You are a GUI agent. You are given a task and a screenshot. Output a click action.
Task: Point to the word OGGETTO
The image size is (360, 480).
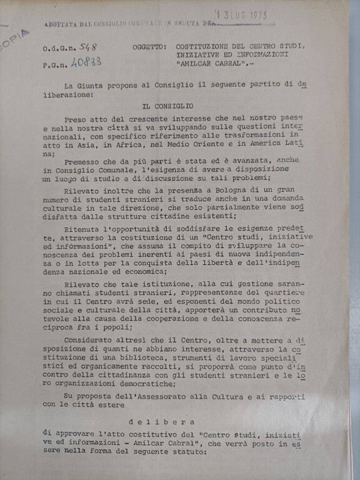[149, 47]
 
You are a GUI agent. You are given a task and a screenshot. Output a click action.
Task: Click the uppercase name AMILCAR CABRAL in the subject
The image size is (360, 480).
[211, 63]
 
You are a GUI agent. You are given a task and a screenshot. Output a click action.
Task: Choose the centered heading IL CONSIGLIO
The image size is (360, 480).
[167, 106]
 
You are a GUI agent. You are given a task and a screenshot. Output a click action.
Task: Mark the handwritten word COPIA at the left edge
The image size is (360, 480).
[16, 39]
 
